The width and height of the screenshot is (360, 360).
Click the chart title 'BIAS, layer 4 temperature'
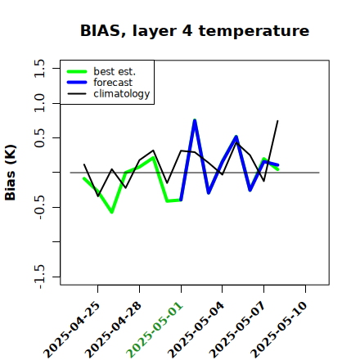195,30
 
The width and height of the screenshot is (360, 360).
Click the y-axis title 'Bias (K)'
11,173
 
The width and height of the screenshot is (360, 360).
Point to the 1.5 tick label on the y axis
39,68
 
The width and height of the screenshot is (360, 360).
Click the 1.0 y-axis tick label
39,103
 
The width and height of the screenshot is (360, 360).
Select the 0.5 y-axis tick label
39,137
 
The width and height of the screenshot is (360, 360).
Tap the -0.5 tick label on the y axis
39,207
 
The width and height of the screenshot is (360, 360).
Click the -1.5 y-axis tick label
39,277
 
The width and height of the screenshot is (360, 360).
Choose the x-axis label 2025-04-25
72,330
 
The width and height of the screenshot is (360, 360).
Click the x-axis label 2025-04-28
114,330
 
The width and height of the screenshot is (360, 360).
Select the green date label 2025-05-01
155,330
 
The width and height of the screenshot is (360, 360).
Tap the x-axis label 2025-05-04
196,330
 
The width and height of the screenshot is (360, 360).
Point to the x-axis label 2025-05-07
238,330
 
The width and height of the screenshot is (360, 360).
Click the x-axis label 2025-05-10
279,330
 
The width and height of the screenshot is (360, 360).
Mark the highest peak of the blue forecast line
195,120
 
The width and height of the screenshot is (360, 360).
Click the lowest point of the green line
112,212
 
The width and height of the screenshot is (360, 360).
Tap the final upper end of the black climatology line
277,120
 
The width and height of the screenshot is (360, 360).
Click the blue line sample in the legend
77,83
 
